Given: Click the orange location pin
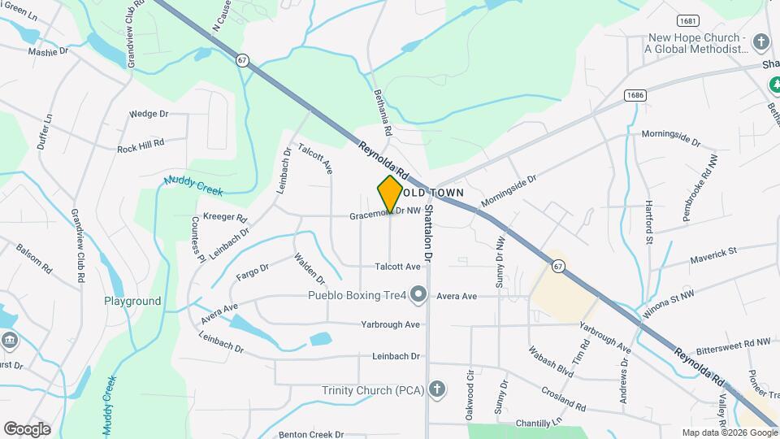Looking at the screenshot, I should click(x=390, y=193).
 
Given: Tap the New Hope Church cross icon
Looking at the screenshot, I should click(x=761, y=41).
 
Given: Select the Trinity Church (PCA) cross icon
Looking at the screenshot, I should click(x=437, y=389).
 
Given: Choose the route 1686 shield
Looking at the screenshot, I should click(x=635, y=96).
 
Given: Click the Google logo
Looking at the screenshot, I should click(x=27, y=428).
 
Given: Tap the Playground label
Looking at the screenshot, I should click(x=132, y=301).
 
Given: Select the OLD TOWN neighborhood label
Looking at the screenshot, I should click(x=434, y=193).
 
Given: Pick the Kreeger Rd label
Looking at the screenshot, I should click(x=224, y=218).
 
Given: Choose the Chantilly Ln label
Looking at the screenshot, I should click(x=539, y=424).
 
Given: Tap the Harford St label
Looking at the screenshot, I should click(x=649, y=222).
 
